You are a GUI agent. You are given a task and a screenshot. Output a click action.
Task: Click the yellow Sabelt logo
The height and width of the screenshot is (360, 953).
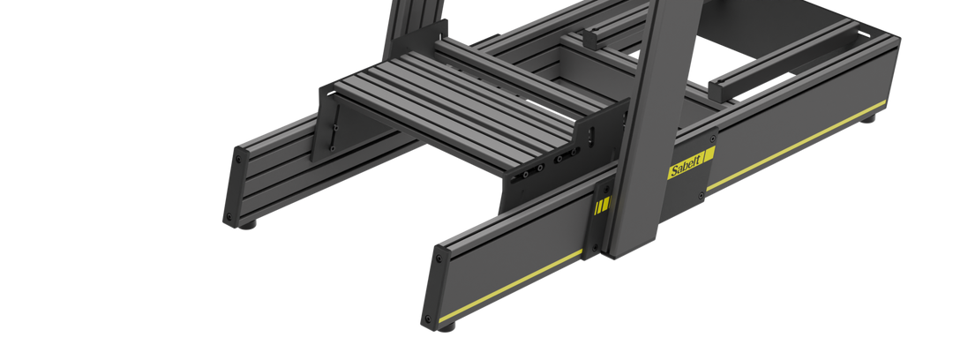(x=691, y=163)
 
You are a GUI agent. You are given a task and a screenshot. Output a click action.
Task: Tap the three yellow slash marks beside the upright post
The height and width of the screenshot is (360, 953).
(x=603, y=206)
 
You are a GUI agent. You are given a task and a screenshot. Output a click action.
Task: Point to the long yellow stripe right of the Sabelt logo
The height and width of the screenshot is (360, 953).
(x=797, y=145)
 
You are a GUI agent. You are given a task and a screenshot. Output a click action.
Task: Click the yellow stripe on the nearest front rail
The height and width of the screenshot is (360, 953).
(x=510, y=286)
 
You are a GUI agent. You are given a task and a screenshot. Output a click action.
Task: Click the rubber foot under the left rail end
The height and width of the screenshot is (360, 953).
(x=247, y=225)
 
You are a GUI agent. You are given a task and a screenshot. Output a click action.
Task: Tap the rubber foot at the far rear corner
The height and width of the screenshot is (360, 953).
(x=869, y=118)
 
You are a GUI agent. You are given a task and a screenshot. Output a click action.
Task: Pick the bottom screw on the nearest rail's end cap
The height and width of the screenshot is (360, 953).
(x=428, y=319)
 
